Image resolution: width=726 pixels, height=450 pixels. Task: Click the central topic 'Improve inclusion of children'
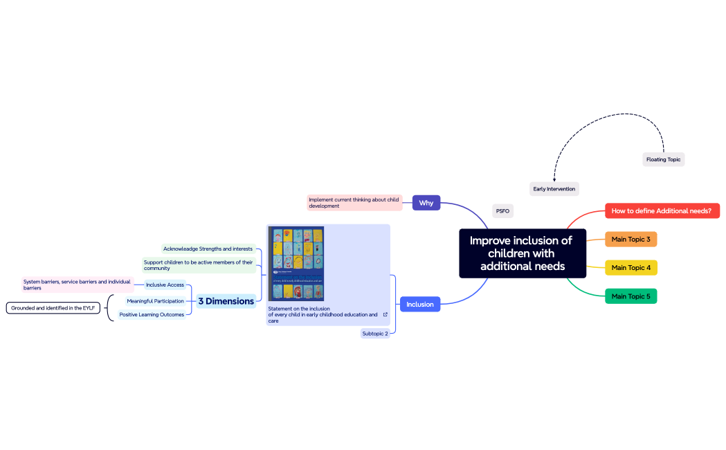coord(522,253)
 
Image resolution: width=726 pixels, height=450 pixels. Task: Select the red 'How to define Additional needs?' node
coord(662,210)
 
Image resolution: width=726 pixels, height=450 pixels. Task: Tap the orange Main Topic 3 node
coord(630,240)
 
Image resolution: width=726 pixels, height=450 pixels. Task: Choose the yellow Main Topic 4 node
coord(630,268)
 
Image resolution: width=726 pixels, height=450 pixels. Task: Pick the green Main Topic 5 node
coord(630,296)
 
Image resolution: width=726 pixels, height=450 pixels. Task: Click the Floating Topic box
coord(663,159)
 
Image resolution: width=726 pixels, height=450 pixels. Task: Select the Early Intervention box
coord(554,188)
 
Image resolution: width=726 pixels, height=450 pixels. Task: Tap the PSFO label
coord(502,211)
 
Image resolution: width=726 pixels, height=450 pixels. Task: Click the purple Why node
coord(426,203)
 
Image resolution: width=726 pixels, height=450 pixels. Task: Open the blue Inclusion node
coord(419,305)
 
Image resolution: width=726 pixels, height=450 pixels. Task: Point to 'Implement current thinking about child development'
coord(354,202)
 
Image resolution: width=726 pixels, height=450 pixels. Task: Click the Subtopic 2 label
coord(375,334)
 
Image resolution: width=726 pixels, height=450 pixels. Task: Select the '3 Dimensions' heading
coord(226,301)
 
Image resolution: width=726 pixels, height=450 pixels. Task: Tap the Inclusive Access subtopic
coord(165,285)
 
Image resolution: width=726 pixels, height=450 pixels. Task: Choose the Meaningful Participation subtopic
coord(155,301)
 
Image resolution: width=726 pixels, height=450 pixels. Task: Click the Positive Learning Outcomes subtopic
coord(151,314)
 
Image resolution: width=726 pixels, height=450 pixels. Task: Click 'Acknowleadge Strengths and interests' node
coord(208,249)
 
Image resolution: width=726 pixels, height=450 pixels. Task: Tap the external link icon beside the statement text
coord(385,314)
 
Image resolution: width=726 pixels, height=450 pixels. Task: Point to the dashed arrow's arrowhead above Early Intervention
coord(554,180)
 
